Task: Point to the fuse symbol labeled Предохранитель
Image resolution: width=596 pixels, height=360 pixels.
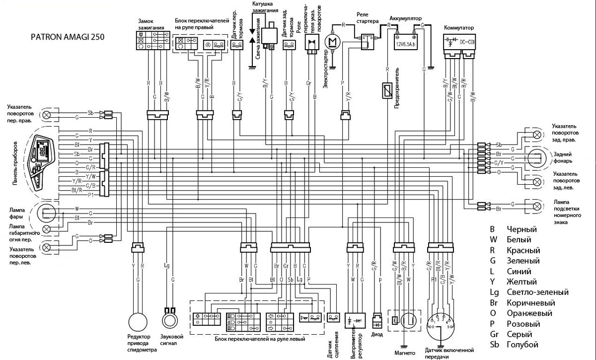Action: tap(387, 91)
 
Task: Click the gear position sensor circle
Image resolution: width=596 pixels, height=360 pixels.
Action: tap(439, 324)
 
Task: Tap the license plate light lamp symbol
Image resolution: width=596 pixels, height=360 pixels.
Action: tap(536, 205)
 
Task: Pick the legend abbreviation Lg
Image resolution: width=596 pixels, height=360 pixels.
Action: tap(493, 292)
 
